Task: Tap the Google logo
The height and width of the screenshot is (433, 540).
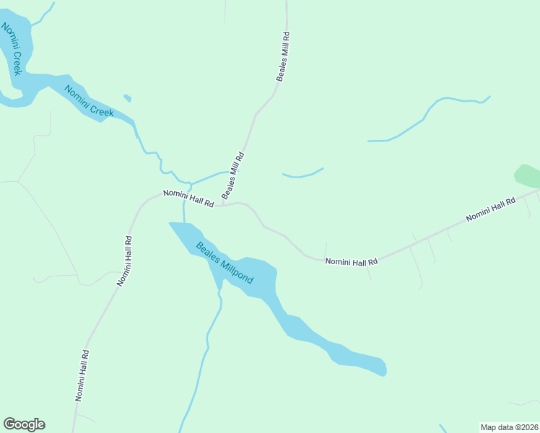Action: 24,424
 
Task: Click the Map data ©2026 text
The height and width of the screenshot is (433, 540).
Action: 508,427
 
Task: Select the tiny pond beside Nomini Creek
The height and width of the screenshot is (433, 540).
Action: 128,97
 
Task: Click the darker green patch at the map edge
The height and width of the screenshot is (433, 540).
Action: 527,175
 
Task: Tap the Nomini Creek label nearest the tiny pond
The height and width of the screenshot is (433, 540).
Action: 90,102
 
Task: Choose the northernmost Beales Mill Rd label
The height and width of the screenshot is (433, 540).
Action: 283,56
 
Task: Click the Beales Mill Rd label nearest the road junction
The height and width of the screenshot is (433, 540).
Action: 233,175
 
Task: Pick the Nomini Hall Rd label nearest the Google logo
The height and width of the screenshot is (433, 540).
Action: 82,375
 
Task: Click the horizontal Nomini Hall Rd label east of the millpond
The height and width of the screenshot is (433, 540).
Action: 352,262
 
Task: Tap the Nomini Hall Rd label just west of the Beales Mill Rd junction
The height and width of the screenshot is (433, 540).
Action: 188,198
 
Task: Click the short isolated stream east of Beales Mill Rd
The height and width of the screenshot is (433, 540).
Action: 302,174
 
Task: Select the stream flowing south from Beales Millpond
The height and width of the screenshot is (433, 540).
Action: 206,346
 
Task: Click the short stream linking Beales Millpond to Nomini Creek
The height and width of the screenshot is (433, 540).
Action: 184,211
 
